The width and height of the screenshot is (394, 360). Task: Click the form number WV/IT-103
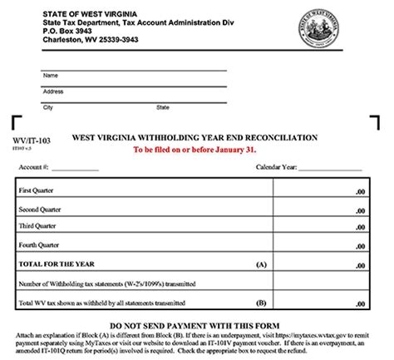(x=28, y=141)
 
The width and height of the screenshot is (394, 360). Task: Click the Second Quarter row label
(x=38, y=208)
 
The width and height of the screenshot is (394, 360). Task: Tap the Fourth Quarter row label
(x=37, y=244)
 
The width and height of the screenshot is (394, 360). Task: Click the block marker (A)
(x=260, y=264)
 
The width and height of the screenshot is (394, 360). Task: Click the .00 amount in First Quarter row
(x=359, y=192)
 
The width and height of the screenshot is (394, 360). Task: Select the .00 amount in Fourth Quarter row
(x=359, y=245)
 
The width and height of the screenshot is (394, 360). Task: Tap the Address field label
(x=52, y=91)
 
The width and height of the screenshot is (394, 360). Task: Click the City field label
(x=47, y=107)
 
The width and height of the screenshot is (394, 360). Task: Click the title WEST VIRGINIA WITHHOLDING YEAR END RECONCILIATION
(x=195, y=137)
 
